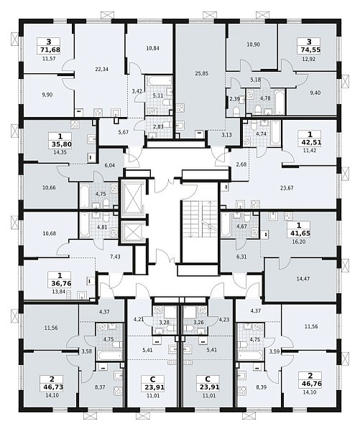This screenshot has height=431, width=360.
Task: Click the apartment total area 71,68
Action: [49, 50]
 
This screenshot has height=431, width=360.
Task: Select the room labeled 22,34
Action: [102, 69]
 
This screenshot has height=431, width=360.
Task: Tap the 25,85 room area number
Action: [202, 73]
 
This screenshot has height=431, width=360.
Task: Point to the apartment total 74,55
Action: [309, 50]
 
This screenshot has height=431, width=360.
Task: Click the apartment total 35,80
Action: [60, 144]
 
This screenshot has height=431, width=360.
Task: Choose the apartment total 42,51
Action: [310, 142]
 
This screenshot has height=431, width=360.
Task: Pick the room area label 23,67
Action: [287, 188]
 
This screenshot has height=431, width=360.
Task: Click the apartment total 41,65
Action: [299, 233]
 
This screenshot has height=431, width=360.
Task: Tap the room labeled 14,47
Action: [303, 279]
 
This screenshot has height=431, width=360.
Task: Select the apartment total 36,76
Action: [60, 283]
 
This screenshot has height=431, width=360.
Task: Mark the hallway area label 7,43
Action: [115, 256]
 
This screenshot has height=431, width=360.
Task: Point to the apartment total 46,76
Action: [310, 384]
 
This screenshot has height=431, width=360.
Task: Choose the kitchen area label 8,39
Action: [262, 387]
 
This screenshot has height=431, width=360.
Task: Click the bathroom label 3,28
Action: [165, 323]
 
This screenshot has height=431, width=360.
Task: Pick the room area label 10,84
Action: [152, 48]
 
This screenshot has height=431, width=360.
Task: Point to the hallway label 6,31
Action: [241, 256]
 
